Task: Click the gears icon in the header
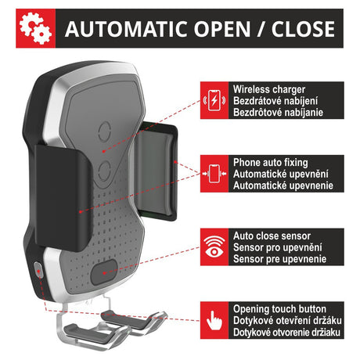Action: pyautogui.click(x=35, y=28)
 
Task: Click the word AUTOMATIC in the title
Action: pyautogui.click(x=126, y=29)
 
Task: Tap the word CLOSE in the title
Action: pyautogui.click(x=303, y=29)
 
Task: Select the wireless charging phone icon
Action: pyautogui.click(x=214, y=100)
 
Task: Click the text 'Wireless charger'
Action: pyautogui.click(x=269, y=89)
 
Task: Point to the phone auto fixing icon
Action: pyautogui.click(x=214, y=174)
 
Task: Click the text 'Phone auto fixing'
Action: pyautogui.click(x=271, y=163)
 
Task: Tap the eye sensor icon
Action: pyautogui.click(x=214, y=247)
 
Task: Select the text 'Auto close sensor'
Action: pyautogui.click(x=272, y=236)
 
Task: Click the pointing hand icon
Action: pyautogui.click(x=214, y=320)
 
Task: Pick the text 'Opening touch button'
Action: pyautogui.click(x=279, y=309)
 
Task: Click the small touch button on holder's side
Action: pyautogui.click(x=38, y=269)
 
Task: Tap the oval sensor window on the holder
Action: pyautogui.click(x=104, y=272)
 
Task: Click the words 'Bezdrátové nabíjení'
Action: pyautogui.click(x=275, y=101)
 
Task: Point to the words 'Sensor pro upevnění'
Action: pyautogui.click(x=278, y=247)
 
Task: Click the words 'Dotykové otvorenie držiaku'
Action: pyautogui.click(x=286, y=333)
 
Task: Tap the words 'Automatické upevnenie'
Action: pyautogui.click(x=283, y=185)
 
